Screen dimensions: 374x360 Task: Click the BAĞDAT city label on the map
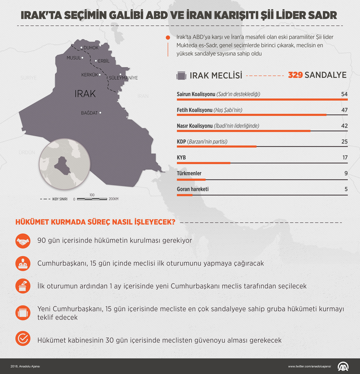coord(89,113)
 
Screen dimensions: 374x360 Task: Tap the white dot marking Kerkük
coord(100,75)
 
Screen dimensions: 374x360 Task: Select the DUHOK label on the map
coord(91,48)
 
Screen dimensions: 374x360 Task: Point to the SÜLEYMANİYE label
coord(123,78)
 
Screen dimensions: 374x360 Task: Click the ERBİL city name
coord(104,61)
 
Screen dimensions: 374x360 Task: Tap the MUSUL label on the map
coord(74,58)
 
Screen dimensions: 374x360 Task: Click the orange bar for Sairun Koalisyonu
coord(262,100)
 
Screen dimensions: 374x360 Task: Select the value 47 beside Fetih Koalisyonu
coord(344,110)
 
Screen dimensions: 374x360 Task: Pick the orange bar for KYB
coord(203,163)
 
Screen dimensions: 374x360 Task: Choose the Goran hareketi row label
coord(193,189)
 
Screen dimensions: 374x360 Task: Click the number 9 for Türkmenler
coord(346,174)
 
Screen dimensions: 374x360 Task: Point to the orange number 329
coord(295,75)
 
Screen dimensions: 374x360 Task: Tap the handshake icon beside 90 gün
coord(23,241)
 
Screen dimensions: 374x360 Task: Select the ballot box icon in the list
coord(23,286)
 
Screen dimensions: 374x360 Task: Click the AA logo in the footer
coord(343,366)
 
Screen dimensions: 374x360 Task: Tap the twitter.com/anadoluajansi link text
coord(309,367)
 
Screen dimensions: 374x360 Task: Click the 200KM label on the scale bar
coord(113,199)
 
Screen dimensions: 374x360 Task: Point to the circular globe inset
coord(65,164)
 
